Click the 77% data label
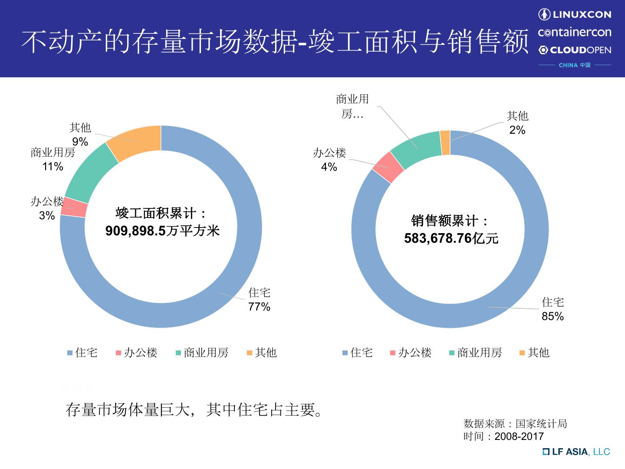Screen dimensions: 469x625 [259, 307]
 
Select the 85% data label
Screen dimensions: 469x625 [553, 317]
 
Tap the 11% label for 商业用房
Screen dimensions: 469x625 [53, 167]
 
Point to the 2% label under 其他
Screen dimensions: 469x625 [517, 130]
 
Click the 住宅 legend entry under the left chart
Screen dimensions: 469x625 [82, 353]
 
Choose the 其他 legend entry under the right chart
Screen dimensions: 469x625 [534, 353]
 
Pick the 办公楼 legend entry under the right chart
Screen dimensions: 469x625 [411, 353]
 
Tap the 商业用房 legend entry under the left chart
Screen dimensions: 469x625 [202, 353]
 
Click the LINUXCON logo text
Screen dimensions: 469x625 [575, 15]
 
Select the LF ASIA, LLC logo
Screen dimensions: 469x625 [576, 452]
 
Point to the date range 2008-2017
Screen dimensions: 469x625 [519, 436]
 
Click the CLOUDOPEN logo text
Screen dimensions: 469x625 [575, 50]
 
